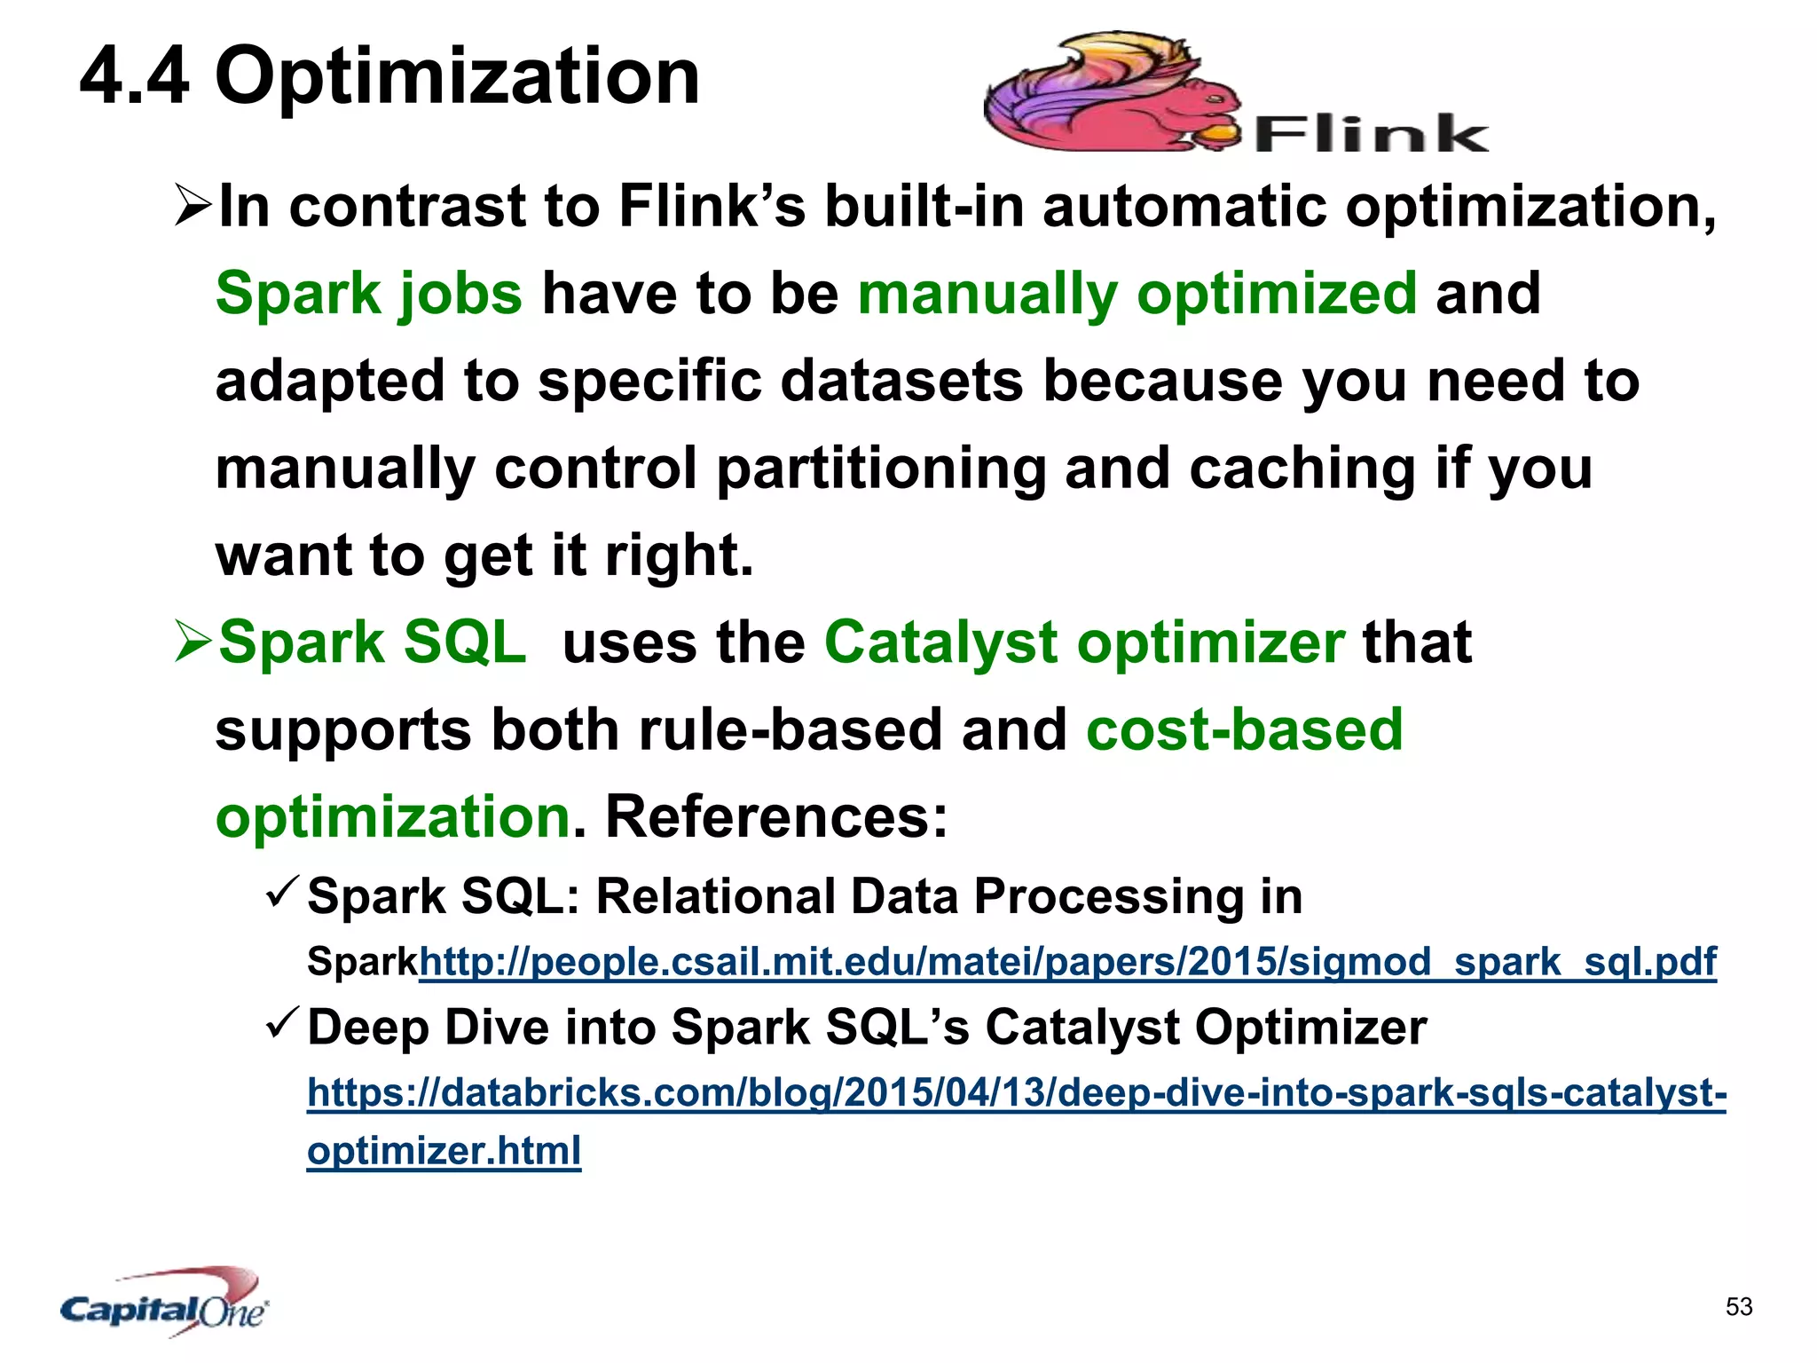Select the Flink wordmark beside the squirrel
coord(1371,135)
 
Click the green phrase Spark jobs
coord(369,294)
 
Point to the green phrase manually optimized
coord(1137,294)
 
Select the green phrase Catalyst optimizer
coord(1084,642)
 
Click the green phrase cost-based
coord(1244,729)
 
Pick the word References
coord(775,816)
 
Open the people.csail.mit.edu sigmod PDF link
coord(1067,962)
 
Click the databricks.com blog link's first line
coord(1016,1092)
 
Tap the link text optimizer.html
coord(444,1151)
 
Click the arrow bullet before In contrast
coord(193,204)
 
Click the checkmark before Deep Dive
coord(283,1025)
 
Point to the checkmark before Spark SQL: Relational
coord(283,894)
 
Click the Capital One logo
coord(165,1303)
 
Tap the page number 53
coord(1739,1306)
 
